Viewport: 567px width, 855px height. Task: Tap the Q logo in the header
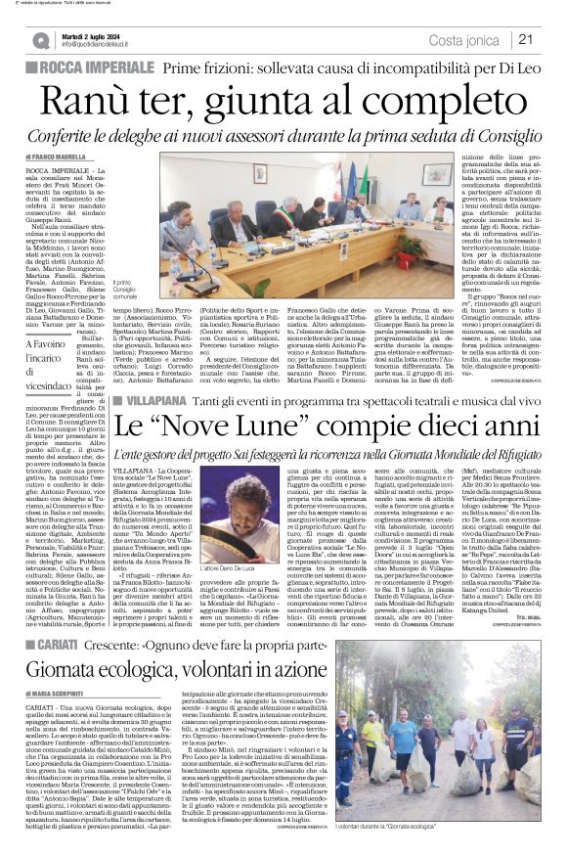pos(42,40)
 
